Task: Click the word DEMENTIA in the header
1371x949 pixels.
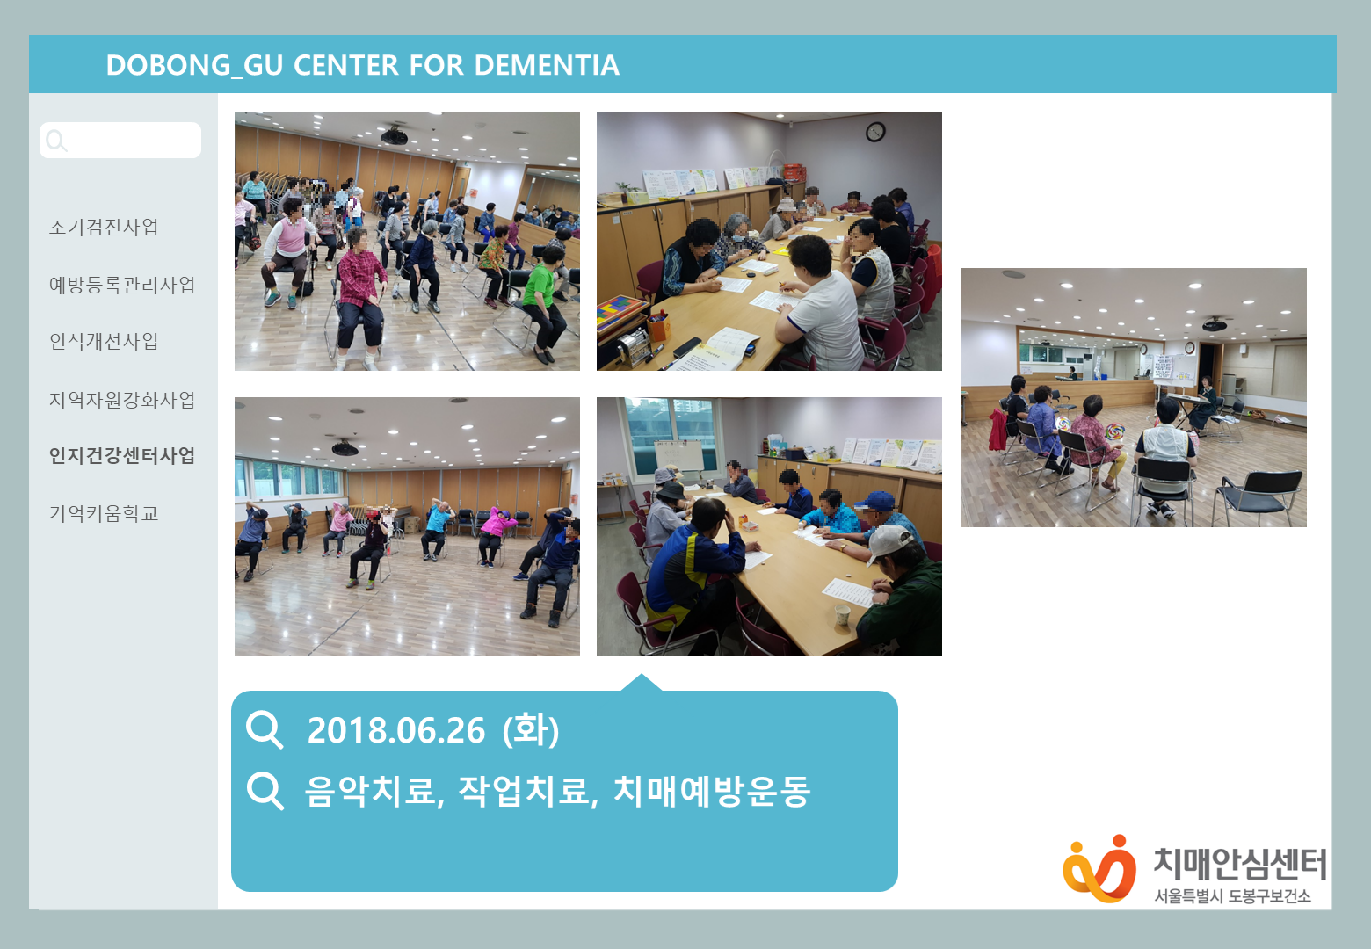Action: tap(547, 65)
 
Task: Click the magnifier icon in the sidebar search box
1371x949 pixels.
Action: tap(56, 140)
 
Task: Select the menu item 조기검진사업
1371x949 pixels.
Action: tap(104, 227)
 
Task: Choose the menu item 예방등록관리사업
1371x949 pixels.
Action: tap(122, 285)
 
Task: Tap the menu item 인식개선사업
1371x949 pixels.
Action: tap(104, 342)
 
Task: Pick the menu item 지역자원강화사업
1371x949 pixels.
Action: tap(122, 400)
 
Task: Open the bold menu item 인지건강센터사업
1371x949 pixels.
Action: tap(122, 456)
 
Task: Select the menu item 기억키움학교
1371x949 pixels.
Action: tap(104, 513)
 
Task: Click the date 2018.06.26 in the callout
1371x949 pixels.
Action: tap(396, 730)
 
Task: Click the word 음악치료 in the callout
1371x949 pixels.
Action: tap(371, 791)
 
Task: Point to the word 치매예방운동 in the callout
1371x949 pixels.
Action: tap(712, 791)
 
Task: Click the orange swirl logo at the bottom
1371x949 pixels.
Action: tap(1099, 869)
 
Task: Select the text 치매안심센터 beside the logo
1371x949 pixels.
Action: tap(1239, 864)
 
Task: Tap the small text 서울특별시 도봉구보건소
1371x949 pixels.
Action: tap(1232, 896)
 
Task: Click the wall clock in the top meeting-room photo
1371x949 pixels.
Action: tap(875, 132)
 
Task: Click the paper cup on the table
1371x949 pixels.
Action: tap(843, 614)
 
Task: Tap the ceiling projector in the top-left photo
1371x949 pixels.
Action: tap(394, 136)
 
